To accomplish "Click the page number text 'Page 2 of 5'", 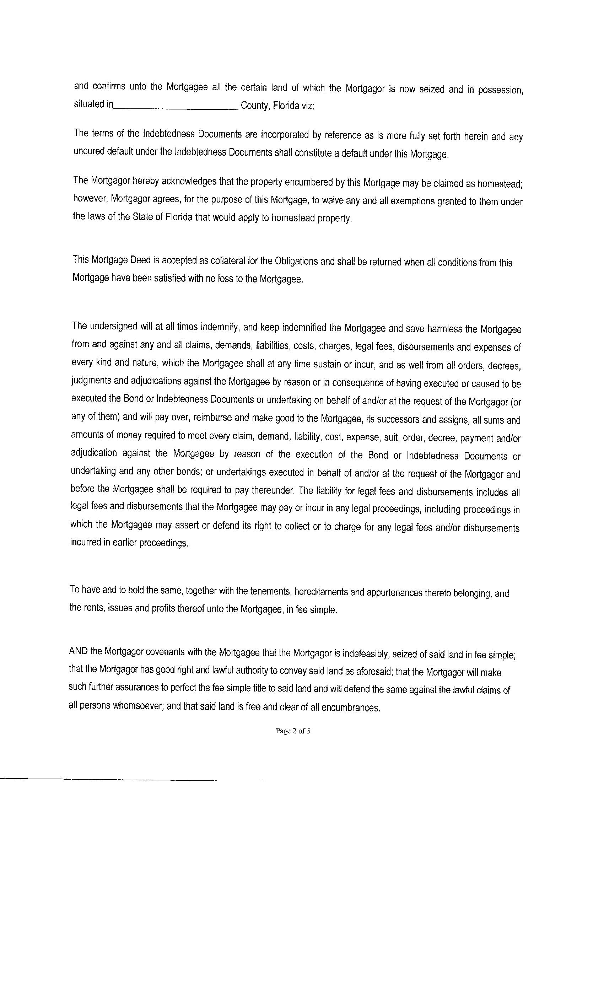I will pos(293,731).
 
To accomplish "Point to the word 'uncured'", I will pos(89,151).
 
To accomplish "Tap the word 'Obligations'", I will pos(296,261).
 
